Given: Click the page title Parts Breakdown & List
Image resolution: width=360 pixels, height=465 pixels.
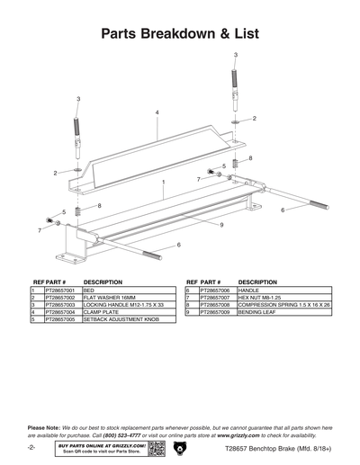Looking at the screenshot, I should [x=180, y=34].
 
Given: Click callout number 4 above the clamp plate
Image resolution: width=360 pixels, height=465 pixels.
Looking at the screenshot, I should [x=157, y=112].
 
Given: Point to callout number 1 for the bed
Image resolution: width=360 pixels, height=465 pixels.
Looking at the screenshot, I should [x=163, y=181].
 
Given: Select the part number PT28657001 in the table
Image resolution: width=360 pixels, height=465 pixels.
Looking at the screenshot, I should [x=60, y=291].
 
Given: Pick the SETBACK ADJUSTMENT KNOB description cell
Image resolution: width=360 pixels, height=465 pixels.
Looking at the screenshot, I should [x=123, y=319].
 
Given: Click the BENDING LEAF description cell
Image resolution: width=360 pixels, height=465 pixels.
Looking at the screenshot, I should [x=260, y=312].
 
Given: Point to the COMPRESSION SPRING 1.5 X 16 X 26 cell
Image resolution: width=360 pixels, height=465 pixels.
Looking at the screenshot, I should [x=283, y=306].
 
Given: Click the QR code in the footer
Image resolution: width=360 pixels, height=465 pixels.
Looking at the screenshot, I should [x=157, y=447].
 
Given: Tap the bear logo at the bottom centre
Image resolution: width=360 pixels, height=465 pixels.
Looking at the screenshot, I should [x=180, y=447].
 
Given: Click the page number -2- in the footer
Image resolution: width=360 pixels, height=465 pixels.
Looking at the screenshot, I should [x=31, y=447].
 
